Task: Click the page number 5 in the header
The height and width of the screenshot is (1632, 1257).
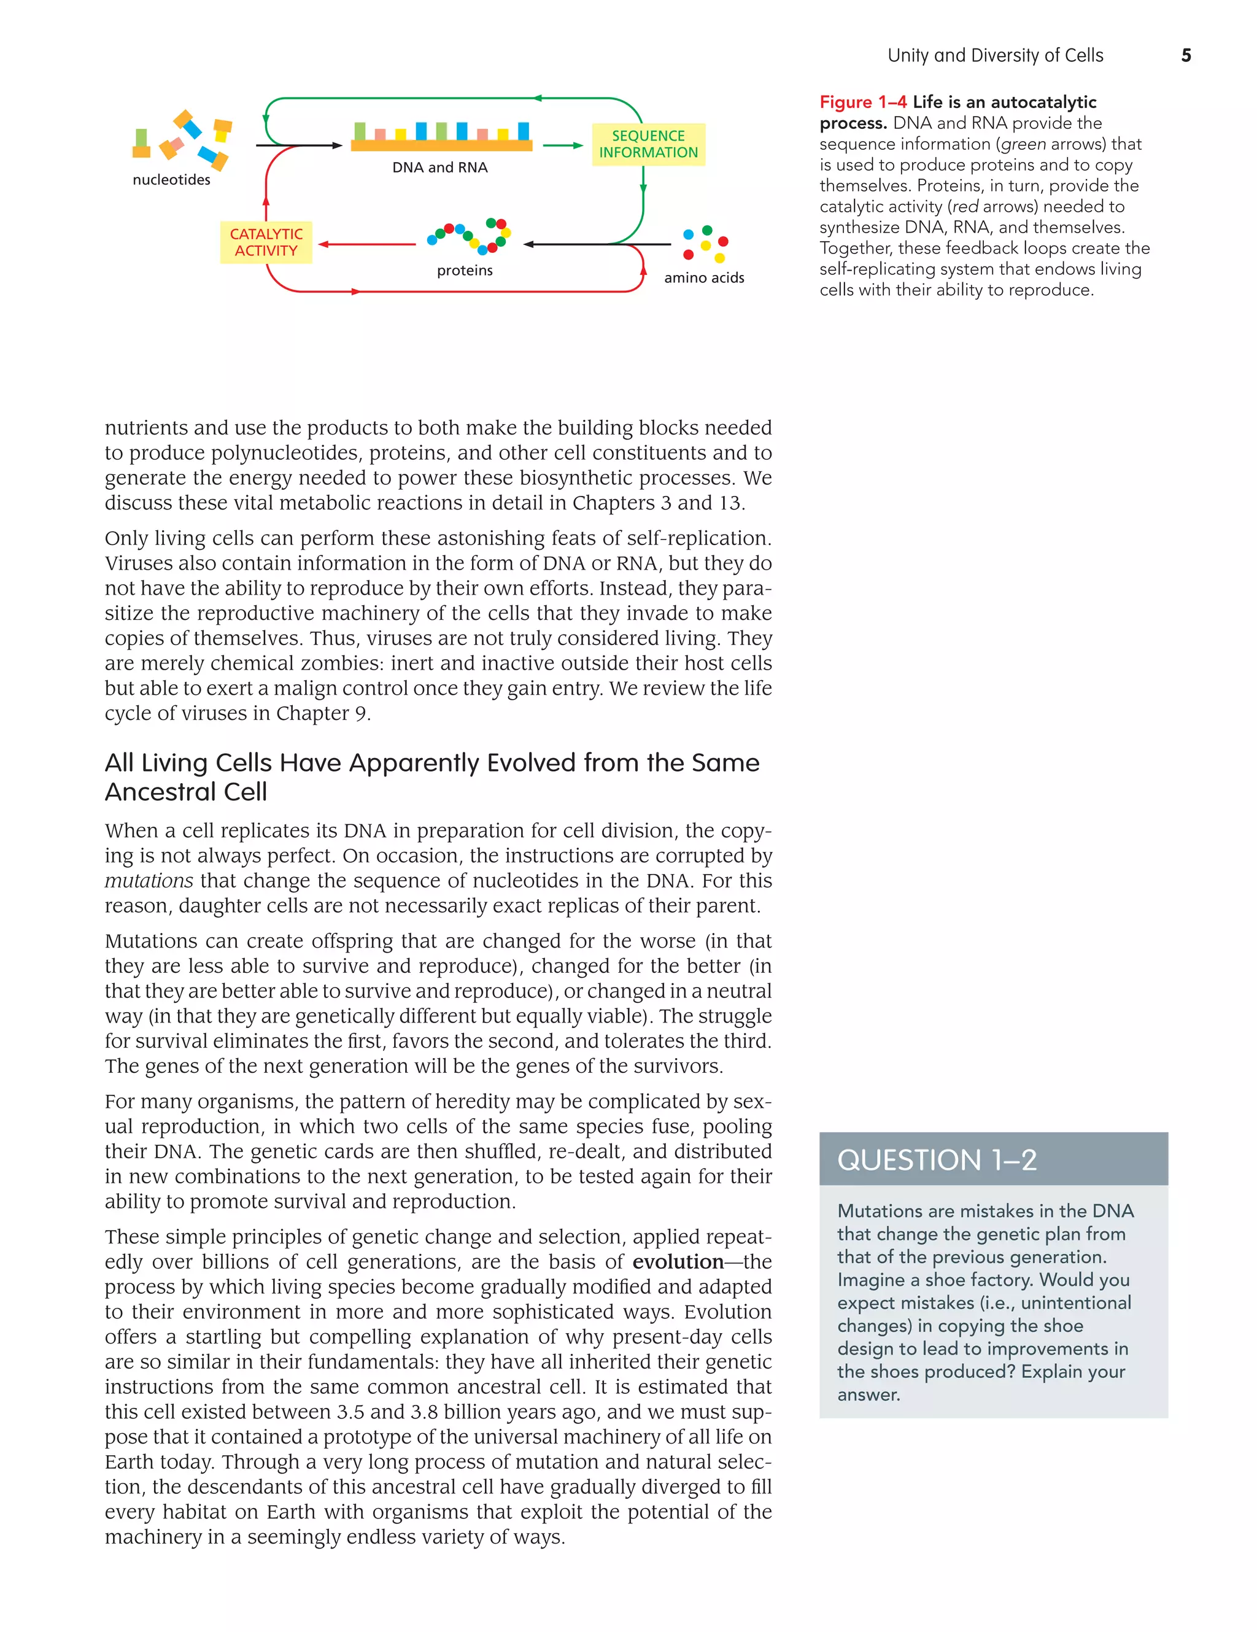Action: tap(1185, 55)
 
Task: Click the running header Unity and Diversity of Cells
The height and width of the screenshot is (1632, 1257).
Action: tap(995, 55)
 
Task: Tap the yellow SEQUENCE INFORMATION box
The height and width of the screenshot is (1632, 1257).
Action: tap(648, 144)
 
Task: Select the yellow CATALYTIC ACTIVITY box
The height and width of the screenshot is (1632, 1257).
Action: tap(266, 242)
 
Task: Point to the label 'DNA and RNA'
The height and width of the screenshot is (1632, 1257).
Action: tap(439, 168)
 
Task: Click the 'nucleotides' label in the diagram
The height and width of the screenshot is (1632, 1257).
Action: tap(171, 179)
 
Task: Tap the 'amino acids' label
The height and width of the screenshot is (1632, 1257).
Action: tap(704, 277)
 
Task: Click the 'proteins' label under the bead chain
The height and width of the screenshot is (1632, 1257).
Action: tap(465, 271)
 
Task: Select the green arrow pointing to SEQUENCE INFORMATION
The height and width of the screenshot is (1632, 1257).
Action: tap(562, 145)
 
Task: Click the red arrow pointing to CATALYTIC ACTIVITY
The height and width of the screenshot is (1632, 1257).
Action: tap(366, 244)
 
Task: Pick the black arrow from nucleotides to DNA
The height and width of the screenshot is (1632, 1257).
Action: tap(299, 145)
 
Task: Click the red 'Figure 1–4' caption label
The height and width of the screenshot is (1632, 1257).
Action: tap(862, 102)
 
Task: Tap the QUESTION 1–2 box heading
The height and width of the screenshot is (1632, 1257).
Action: tap(937, 1160)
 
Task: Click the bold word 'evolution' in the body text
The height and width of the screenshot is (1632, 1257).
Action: tap(678, 1261)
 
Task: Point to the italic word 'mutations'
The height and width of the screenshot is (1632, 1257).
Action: tap(149, 880)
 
